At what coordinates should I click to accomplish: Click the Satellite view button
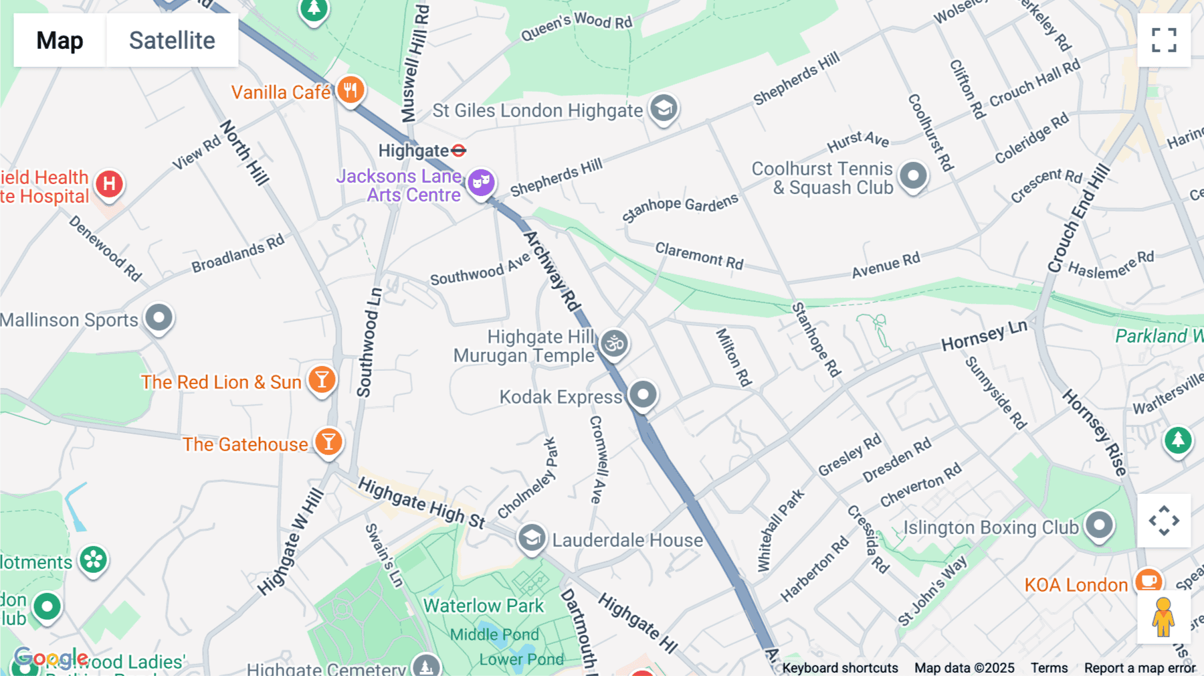point(172,40)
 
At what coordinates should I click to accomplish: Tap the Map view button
point(60,40)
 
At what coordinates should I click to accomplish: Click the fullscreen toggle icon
point(1164,40)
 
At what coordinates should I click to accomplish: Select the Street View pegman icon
point(1163,616)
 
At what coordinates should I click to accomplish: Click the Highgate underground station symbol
point(459,151)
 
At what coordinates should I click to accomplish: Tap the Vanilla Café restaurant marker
point(350,90)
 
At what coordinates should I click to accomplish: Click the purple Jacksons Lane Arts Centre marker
point(481,181)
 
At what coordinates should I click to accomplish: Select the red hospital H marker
point(109,184)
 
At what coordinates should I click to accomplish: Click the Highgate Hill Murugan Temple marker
point(614,343)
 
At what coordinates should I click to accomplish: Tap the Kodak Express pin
point(643,395)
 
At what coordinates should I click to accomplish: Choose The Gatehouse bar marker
point(328,442)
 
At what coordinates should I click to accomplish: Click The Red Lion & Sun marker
point(322,380)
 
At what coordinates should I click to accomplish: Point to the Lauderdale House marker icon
point(532,538)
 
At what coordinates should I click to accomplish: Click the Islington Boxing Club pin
point(1099,525)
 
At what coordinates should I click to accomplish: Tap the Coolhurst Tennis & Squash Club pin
point(913,176)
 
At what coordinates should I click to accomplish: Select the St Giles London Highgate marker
point(664,108)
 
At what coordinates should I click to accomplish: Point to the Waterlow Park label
point(484,606)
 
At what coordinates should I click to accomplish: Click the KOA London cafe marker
point(1148,581)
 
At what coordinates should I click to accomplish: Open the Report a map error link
point(1139,668)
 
